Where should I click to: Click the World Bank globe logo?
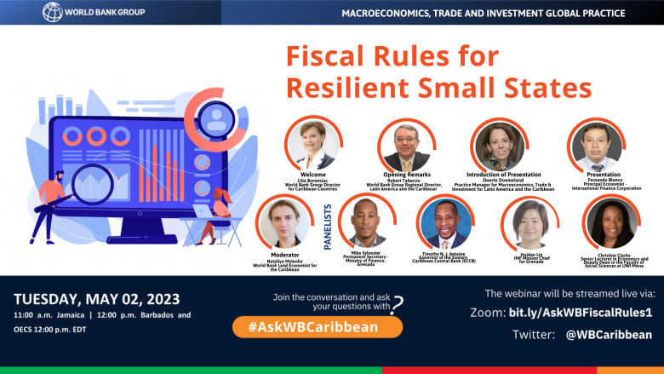53,12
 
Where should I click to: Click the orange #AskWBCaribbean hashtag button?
318,326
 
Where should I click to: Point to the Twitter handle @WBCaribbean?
609,335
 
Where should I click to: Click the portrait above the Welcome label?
313,145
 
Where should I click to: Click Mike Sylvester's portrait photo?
367,223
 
